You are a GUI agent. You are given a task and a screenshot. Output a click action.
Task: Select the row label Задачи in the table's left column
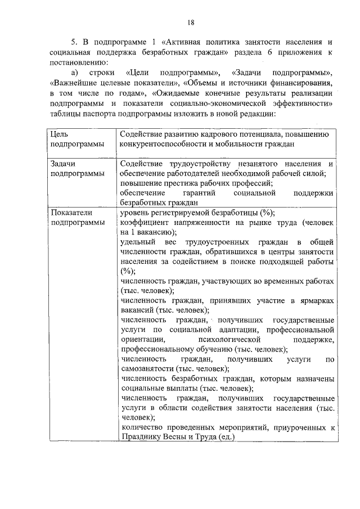[64, 164]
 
